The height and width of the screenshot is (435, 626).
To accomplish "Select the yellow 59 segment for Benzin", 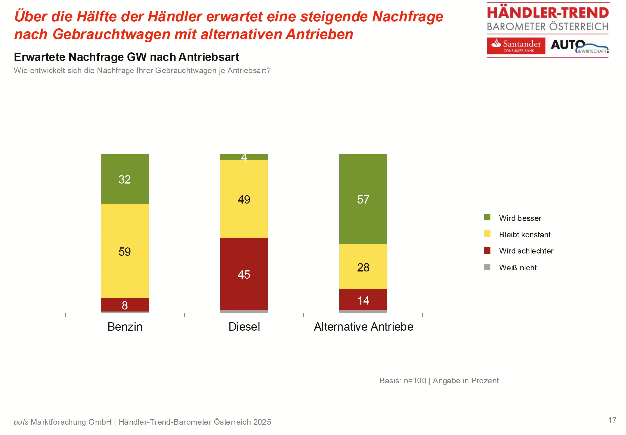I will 125,251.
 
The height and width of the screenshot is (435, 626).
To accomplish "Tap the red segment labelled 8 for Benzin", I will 125,305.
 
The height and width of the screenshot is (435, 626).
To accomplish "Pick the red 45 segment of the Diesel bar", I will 244,274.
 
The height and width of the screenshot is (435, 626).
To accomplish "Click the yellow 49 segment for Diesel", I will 244,199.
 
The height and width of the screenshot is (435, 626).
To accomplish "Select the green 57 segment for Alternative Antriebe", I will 363,199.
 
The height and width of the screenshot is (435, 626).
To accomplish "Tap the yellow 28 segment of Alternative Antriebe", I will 363,267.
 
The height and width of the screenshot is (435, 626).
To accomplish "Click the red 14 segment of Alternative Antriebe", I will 363,300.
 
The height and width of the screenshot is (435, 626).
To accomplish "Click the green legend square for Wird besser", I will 487,217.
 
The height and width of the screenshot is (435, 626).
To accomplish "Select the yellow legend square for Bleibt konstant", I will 487,233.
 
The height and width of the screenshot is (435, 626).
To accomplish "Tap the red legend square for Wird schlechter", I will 487,250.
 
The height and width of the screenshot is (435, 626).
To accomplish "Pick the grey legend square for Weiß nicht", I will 487,267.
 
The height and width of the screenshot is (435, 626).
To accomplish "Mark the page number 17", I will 612,420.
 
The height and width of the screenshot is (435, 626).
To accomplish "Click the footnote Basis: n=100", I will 403,381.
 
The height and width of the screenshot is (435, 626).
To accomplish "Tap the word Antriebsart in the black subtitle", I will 209,57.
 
